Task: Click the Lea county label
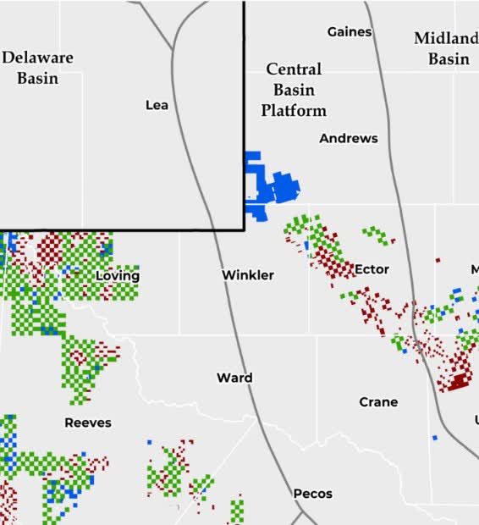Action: [x=157, y=105]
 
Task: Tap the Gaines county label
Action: [x=350, y=32]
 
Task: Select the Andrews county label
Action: [x=349, y=138]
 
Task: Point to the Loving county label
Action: [x=118, y=276]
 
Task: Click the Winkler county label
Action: [x=248, y=275]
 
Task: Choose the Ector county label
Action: [x=372, y=269]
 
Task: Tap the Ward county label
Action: [x=234, y=378]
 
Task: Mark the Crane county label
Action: [x=378, y=402]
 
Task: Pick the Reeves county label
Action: [x=88, y=423]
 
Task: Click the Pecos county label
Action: [x=313, y=494]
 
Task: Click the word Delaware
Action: [x=37, y=58]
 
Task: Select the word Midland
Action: [x=446, y=39]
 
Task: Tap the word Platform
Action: [x=294, y=111]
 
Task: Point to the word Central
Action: [x=294, y=69]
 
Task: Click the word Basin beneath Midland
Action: [x=449, y=59]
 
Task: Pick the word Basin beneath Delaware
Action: [x=37, y=78]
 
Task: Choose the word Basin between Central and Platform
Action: [x=294, y=90]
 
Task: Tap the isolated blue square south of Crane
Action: [x=435, y=438]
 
